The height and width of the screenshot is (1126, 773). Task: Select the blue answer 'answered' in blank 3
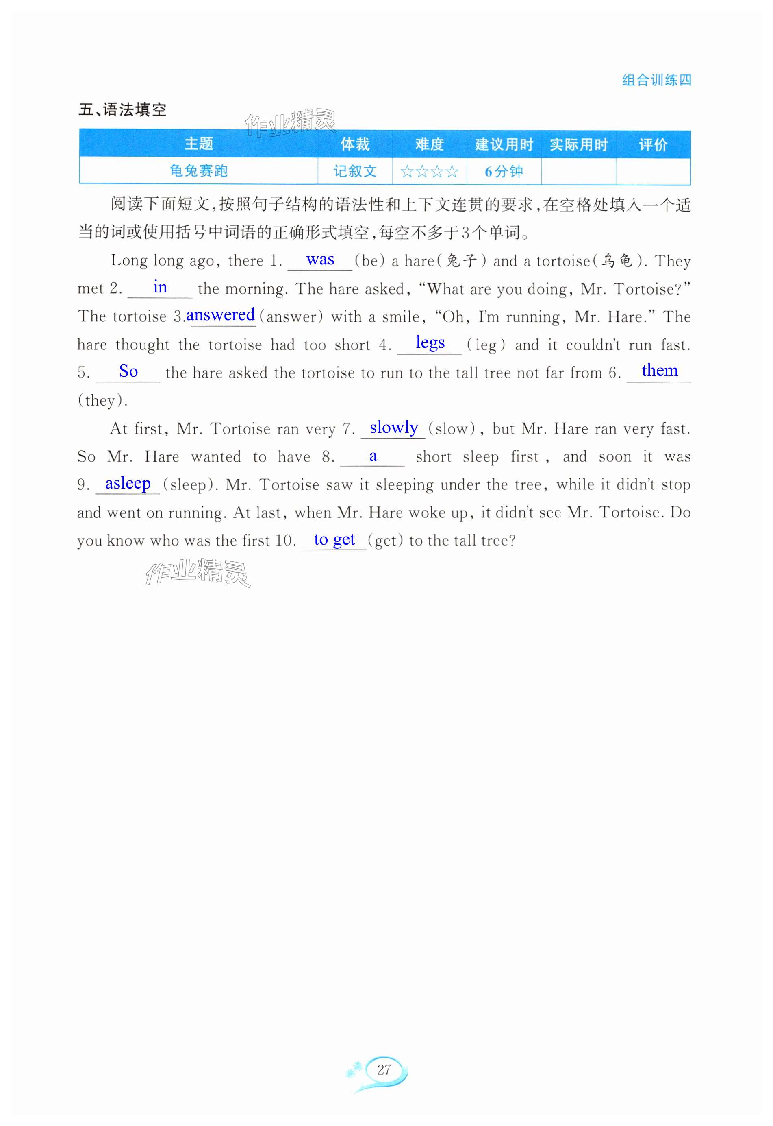(x=220, y=315)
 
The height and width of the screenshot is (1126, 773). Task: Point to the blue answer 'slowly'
(x=393, y=427)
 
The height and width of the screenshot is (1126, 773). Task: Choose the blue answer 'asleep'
(x=128, y=483)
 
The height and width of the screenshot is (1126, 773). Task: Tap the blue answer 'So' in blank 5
(x=128, y=371)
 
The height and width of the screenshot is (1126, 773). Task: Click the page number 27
(x=384, y=1069)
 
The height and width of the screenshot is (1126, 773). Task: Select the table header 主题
(x=199, y=144)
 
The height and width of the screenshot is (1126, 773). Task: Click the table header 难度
(x=429, y=144)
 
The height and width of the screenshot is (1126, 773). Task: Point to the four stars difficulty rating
(x=429, y=172)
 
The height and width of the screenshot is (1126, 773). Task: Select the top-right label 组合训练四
(x=656, y=80)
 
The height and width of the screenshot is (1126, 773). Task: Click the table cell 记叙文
(x=355, y=171)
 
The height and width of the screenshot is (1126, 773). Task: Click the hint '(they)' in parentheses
(x=103, y=400)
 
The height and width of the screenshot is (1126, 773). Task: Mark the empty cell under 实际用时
(x=578, y=172)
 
